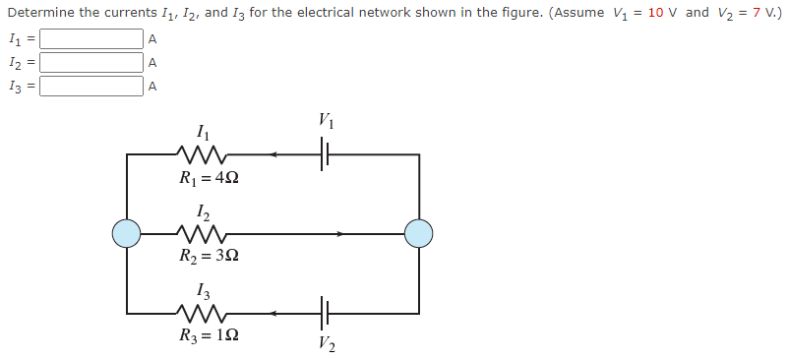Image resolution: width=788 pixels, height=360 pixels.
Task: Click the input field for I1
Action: (x=91, y=39)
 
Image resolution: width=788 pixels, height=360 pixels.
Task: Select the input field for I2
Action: (x=91, y=62)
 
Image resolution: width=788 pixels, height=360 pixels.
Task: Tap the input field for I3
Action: (x=91, y=86)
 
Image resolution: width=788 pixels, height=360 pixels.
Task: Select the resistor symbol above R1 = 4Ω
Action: (x=202, y=154)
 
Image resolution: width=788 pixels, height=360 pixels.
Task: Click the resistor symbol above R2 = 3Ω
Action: (x=202, y=234)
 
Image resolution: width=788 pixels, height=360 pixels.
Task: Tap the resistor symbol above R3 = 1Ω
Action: (x=202, y=314)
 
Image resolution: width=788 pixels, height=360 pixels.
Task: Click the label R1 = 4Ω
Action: (x=209, y=179)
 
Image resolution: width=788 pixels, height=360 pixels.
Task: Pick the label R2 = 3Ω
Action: (x=209, y=259)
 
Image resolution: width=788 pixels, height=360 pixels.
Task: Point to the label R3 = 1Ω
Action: (x=209, y=336)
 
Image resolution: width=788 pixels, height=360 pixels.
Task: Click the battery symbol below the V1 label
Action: (x=325, y=154)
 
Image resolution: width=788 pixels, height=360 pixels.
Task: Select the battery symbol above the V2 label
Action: (x=325, y=314)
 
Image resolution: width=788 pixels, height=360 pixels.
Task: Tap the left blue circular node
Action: (x=126, y=234)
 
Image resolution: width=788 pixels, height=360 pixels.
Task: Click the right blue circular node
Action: (x=419, y=234)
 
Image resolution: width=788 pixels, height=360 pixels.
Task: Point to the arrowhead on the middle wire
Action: (x=340, y=234)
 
